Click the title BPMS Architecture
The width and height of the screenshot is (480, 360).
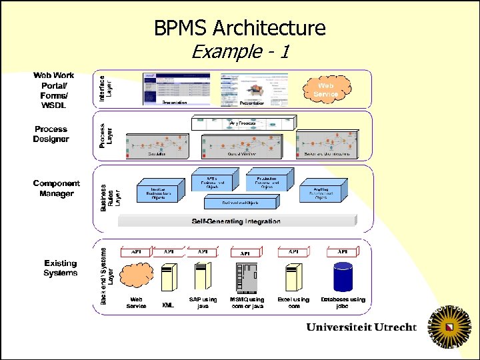click(240, 28)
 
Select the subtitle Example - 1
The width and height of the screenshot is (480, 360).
click(240, 51)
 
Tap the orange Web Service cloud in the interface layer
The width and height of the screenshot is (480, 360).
click(326, 90)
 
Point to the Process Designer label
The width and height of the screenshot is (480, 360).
click(51, 134)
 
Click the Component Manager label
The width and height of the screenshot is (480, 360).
click(56, 189)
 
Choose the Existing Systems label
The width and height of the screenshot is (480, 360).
click(60, 268)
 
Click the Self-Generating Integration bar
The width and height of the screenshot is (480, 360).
click(236, 221)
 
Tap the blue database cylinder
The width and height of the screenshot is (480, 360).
click(343, 276)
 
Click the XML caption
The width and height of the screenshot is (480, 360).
click(168, 306)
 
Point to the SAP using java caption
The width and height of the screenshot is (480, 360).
click(203, 303)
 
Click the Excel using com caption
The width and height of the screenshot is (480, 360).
click(293, 303)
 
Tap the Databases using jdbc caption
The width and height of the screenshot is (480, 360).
click(343, 303)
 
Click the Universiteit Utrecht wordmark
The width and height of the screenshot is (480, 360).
click(361, 327)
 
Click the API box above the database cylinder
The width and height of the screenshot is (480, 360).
click(342, 253)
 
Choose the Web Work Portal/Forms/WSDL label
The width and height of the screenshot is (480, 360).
click(53, 91)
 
